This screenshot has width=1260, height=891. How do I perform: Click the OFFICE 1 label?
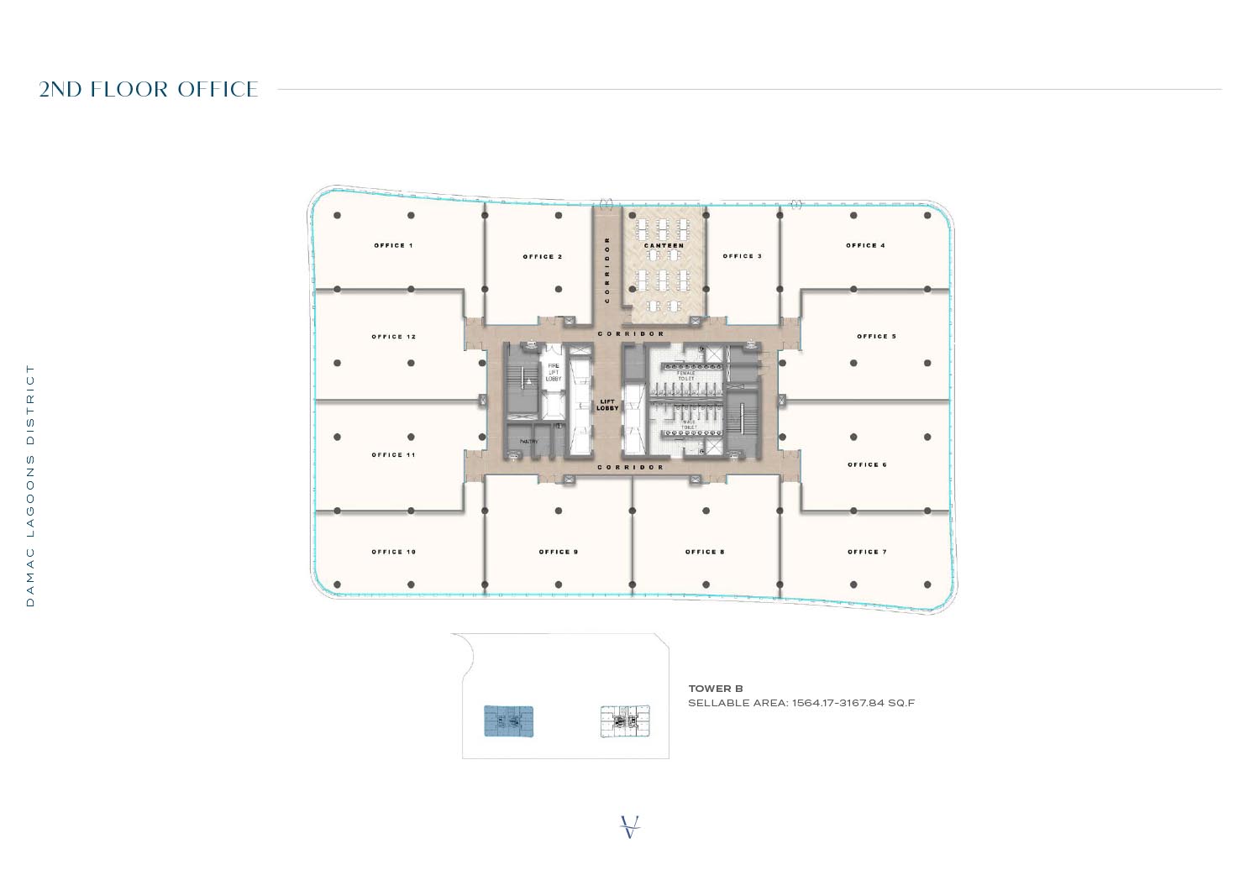click(393, 245)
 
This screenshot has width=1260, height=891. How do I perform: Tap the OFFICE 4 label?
click(865, 245)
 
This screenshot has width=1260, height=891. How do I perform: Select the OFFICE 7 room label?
click(867, 552)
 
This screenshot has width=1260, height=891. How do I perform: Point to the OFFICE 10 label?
click(393, 552)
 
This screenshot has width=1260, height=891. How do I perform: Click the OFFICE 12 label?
click(393, 337)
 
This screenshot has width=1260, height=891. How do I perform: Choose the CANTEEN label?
click(664, 246)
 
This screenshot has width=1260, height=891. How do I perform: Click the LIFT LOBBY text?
click(607, 405)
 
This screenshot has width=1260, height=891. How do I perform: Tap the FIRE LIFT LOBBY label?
click(554, 372)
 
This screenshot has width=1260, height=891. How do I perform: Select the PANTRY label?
click(528, 441)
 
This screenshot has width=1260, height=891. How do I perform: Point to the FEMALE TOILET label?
click(686, 376)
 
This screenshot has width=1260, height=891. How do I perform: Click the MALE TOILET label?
click(689, 425)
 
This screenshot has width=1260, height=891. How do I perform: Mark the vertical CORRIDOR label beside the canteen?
click(607, 269)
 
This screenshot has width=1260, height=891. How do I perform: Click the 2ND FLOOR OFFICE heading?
click(149, 89)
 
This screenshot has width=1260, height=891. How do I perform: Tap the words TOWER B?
click(716, 689)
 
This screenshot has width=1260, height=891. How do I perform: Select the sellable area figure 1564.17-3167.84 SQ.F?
click(853, 703)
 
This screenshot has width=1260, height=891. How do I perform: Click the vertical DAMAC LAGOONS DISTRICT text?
click(31, 485)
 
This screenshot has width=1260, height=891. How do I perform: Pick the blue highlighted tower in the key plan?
click(508, 721)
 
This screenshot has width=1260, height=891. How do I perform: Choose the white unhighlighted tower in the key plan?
click(625, 721)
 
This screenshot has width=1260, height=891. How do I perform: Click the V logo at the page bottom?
click(630, 826)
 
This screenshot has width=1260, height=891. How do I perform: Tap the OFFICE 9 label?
click(559, 552)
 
